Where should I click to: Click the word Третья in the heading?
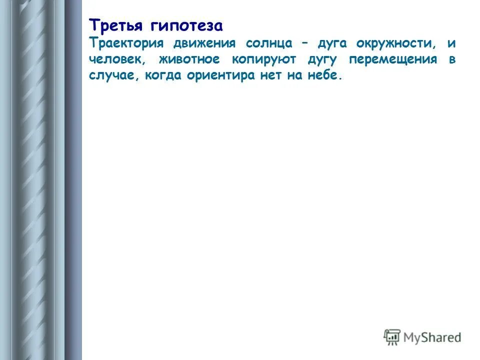(113, 25)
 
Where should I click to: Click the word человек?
(117, 60)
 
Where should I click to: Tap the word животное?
(189, 60)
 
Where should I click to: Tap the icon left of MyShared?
(392, 337)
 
